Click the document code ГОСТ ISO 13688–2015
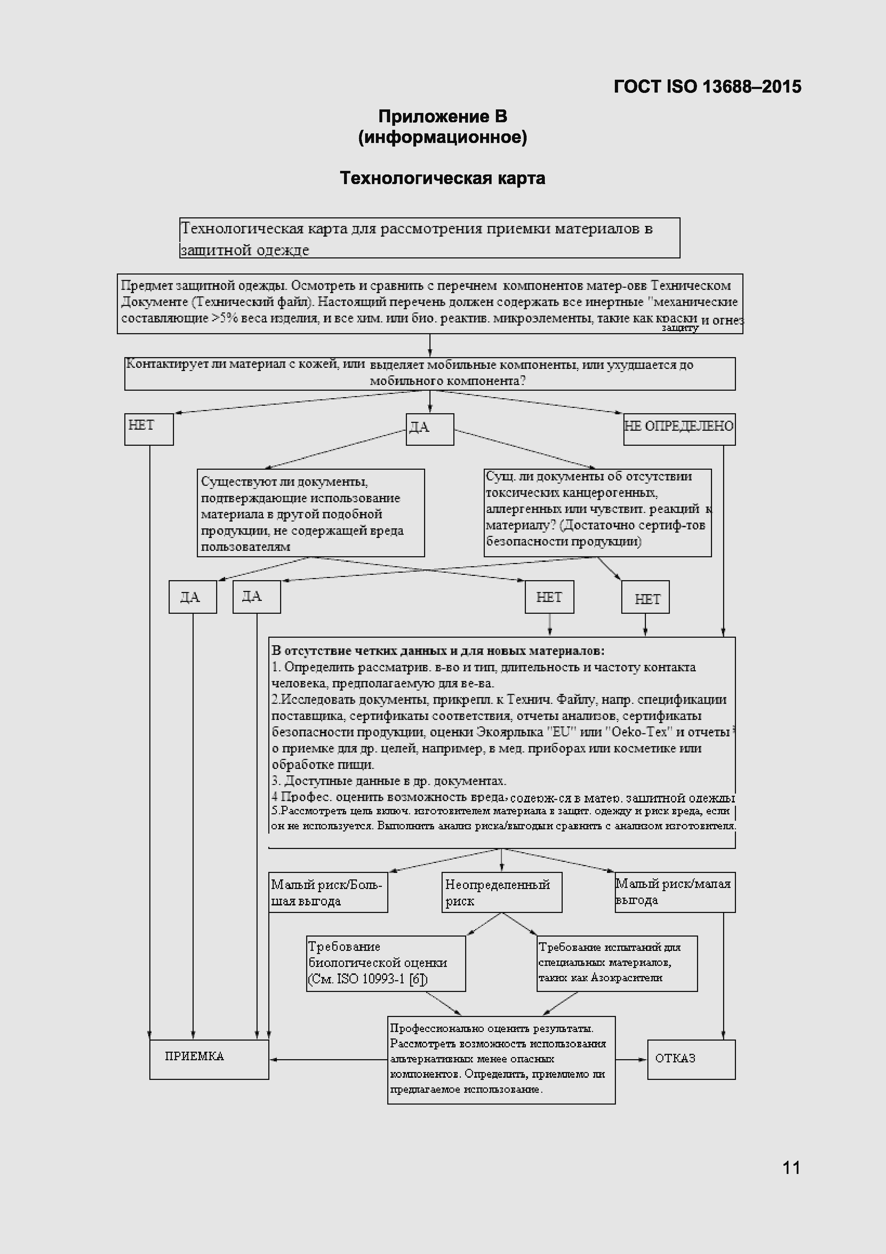point(707,86)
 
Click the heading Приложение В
point(442,116)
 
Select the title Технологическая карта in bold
point(442,178)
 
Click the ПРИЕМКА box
point(209,1059)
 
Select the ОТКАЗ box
point(691,1059)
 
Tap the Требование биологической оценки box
point(385,963)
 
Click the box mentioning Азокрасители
point(617,963)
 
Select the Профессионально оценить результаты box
point(501,1059)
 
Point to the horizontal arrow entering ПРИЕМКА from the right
point(328,1060)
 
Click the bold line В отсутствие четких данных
point(438,651)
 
